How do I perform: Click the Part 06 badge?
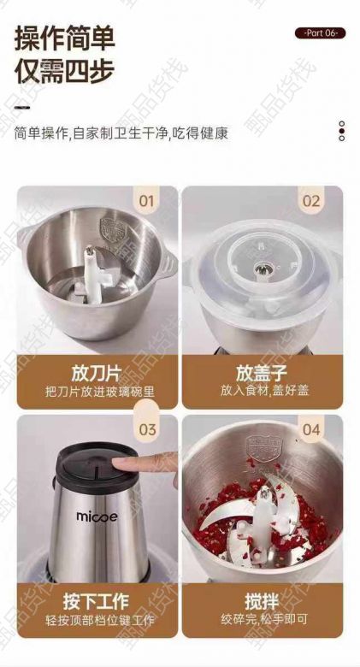tap(320, 33)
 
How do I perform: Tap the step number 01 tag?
tap(146, 200)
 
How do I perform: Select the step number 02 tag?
tap(311, 200)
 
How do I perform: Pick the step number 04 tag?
tap(311, 428)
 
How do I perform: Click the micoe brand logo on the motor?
tap(97, 516)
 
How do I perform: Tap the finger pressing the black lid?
tap(146, 463)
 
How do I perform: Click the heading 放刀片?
tap(96, 374)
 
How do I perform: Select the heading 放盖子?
tap(262, 374)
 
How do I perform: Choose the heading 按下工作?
tap(96, 602)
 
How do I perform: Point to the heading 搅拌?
tap(262, 602)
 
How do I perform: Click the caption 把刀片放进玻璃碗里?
tap(100, 392)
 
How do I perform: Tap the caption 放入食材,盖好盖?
tap(265, 391)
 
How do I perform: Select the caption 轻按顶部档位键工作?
tap(100, 620)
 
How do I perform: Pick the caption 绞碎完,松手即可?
tap(264, 619)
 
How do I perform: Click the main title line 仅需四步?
tap(64, 70)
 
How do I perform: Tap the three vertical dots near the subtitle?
tap(341, 131)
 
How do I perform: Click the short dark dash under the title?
tap(22, 107)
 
